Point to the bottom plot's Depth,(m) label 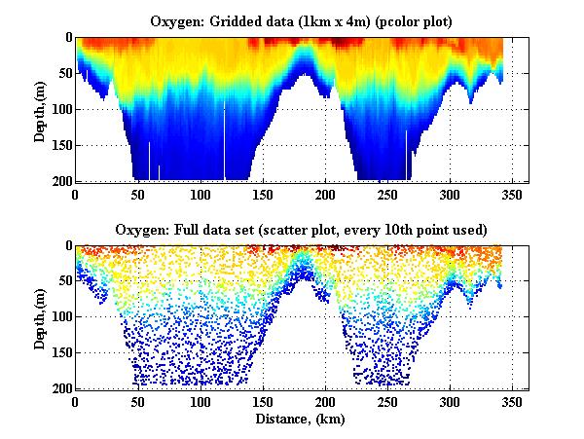click(40, 316)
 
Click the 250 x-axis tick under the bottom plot click(262, 402)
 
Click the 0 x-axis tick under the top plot click(75, 194)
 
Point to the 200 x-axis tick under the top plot click(262, 194)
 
